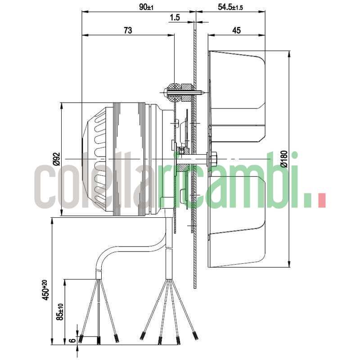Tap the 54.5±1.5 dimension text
pos(224,7)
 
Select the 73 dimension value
pos(127,30)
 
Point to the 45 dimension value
pos(237,30)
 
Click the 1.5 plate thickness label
pos(175,18)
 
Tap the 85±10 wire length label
pos(60,311)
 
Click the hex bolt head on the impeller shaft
pos(211,158)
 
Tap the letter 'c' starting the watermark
pos(46,185)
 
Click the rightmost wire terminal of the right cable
pos(195,336)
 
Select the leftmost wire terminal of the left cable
pos(81,339)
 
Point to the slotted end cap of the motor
pos(97,160)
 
